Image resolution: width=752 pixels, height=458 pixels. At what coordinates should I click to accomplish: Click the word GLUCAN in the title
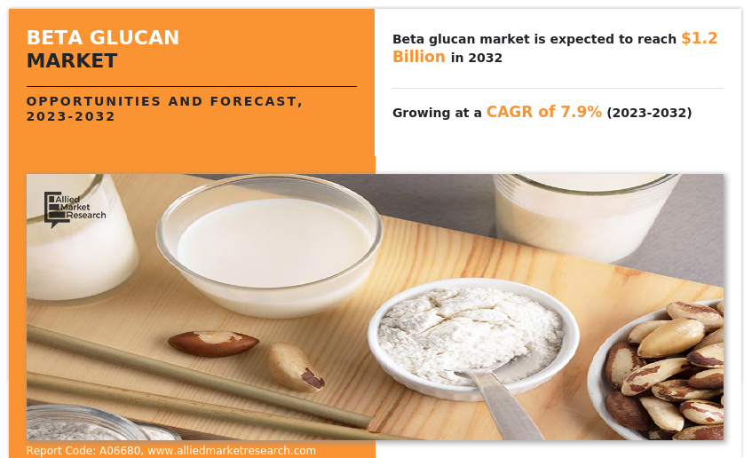coord(134,38)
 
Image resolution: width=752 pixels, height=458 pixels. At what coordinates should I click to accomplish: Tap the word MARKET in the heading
coord(72,61)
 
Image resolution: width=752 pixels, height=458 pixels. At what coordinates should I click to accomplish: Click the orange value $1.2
coord(700,38)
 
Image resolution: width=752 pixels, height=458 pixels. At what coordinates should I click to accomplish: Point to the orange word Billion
coord(419,57)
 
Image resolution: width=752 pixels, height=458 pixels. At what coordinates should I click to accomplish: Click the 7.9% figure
coord(582,112)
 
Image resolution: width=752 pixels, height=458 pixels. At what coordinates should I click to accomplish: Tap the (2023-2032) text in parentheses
coord(649,113)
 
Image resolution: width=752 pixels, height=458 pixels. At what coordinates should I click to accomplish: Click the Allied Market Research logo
coord(75,209)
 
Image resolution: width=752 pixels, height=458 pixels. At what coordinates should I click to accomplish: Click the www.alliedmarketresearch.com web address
coord(232,451)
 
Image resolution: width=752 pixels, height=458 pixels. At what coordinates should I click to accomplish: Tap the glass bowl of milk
coord(269,246)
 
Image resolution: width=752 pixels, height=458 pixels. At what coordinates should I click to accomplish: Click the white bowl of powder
coord(473,338)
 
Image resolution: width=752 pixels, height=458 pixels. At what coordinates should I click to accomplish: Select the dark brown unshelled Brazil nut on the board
coord(213,343)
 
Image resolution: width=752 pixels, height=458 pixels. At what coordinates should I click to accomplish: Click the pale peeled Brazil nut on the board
coord(295,367)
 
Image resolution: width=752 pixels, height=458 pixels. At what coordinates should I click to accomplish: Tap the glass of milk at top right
coord(585,217)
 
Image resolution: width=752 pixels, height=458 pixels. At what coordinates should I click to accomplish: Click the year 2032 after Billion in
coord(485,58)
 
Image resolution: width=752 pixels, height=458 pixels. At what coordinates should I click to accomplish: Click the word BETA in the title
coord(55,38)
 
